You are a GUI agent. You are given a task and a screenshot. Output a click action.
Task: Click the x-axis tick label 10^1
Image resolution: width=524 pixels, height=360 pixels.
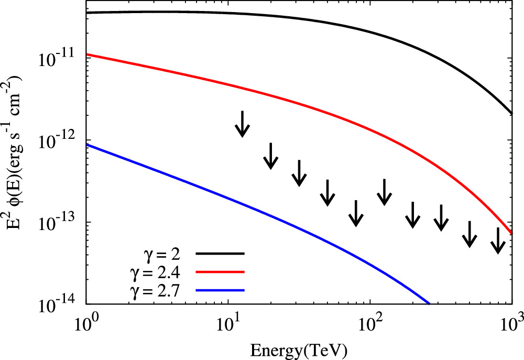pyautogui.click(x=227, y=320)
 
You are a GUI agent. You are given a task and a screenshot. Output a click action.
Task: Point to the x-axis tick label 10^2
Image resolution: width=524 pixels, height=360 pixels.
pyautogui.click(x=369, y=320)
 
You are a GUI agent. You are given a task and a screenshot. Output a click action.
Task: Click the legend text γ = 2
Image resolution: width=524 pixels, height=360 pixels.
pyautogui.click(x=162, y=253)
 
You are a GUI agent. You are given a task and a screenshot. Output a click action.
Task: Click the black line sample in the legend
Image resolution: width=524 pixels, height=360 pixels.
pyautogui.click(x=220, y=253)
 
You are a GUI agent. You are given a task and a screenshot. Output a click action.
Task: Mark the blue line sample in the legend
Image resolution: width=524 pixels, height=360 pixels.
pyautogui.click(x=220, y=290)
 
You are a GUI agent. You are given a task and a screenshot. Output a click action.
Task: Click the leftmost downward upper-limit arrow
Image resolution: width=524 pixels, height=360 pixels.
pyautogui.click(x=242, y=124)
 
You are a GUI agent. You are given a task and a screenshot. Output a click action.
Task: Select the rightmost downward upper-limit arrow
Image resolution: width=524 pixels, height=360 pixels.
pyautogui.click(x=498, y=241)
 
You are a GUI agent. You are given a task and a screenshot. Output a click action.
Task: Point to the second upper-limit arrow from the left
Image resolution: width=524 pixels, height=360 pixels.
pyautogui.click(x=270, y=156)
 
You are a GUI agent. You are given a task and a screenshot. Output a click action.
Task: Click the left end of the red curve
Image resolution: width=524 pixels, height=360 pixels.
pyautogui.click(x=87, y=54)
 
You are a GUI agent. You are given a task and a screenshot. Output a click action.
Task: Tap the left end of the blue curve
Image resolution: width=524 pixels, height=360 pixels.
pyautogui.click(x=87, y=145)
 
